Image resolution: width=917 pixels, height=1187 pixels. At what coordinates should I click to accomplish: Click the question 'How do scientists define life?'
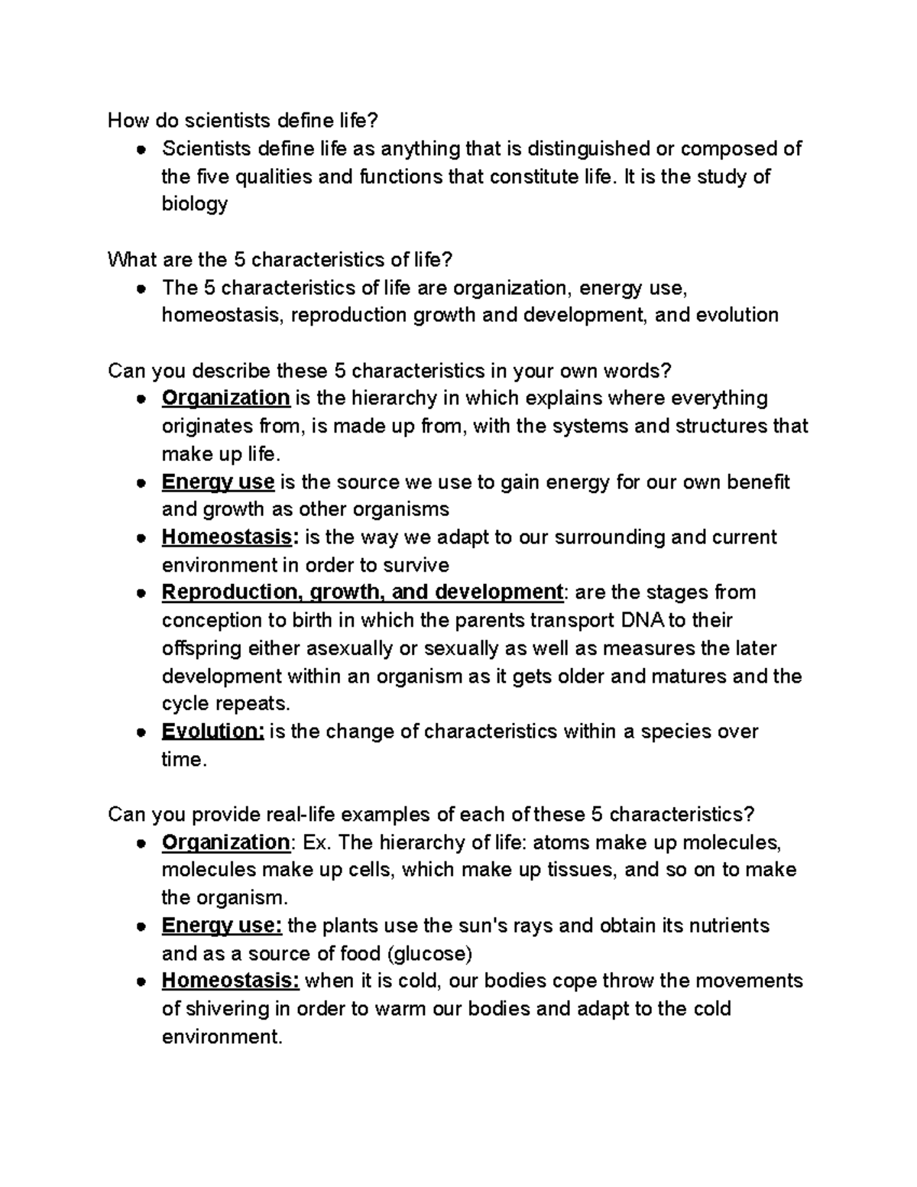[243, 120]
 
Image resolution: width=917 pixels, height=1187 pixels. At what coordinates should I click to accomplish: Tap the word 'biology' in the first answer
[195, 204]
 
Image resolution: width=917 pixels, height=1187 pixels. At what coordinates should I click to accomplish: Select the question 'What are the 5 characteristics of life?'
[280, 260]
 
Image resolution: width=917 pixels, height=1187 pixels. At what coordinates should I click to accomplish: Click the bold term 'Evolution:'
[212, 731]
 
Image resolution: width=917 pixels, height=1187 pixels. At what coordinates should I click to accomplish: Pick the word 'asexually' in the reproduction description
[349, 648]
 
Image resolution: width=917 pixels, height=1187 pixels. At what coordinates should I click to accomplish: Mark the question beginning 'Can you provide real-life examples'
[432, 814]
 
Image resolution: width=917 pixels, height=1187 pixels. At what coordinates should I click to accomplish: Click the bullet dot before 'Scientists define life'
[141, 150]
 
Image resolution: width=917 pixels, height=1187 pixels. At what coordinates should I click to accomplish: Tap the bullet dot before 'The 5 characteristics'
[141, 289]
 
